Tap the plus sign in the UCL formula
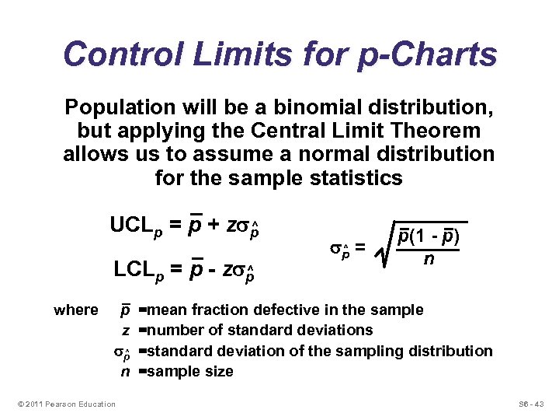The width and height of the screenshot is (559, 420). (x=213, y=226)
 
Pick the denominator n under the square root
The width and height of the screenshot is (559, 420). (x=429, y=257)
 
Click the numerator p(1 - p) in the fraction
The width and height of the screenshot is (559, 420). (x=429, y=236)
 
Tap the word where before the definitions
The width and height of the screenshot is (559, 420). (x=76, y=310)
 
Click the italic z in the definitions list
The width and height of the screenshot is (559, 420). (x=126, y=331)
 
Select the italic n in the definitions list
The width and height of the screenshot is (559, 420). (x=125, y=372)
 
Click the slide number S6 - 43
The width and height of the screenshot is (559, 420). (x=532, y=404)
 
